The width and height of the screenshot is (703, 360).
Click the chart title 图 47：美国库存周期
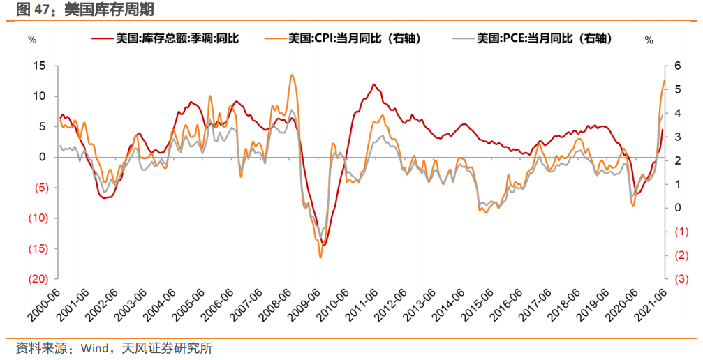(78, 10)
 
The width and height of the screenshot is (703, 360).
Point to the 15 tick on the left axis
(40, 66)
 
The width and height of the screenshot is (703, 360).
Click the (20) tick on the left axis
(38, 279)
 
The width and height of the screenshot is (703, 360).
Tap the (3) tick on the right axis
(676, 279)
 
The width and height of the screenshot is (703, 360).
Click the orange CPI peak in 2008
(291, 75)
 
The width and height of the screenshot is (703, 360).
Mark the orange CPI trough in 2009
(320, 257)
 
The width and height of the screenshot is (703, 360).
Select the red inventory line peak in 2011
(374, 84)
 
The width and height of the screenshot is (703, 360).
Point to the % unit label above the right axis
(649, 40)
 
